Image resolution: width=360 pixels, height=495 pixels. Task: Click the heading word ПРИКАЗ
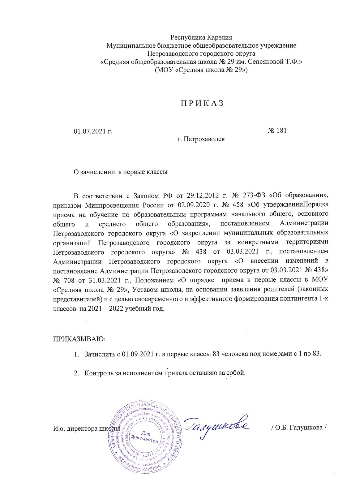pyautogui.click(x=202, y=104)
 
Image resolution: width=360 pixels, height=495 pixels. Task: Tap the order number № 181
pyautogui.click(x=277, y=130)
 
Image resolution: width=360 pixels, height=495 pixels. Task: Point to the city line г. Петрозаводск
pyautogui.click(x=201, y=139)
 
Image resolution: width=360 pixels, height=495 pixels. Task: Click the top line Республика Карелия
pyautogui.click(x=201, y=38)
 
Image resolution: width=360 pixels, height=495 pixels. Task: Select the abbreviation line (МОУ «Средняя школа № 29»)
pyautogui.click(x=201, y=70)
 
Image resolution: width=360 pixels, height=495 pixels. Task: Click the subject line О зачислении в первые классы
pyautogui.click(x=120, y=172)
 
